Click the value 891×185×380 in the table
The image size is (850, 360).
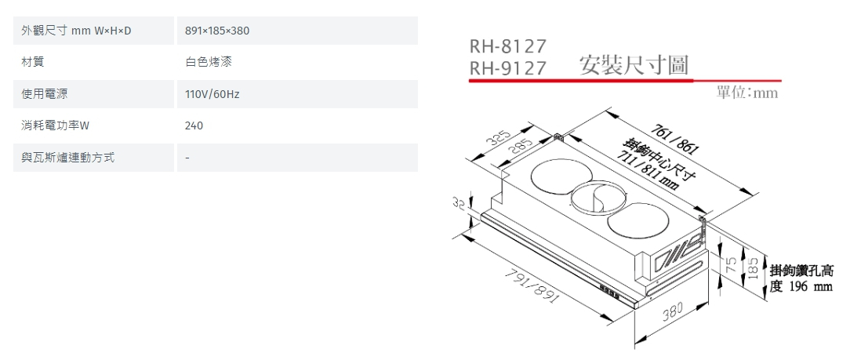click(217, 31)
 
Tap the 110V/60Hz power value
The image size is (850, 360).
click(212, 94)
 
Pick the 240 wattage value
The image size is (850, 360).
click(194, 125)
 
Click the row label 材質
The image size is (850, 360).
click(33, 62)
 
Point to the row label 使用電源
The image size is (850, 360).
click(45, 94)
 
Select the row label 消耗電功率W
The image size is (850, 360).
click(56, 125)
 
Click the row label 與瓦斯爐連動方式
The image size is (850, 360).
click(68, 158)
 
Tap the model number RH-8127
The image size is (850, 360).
click(507, 46)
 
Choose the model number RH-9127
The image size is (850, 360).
click(507, 69)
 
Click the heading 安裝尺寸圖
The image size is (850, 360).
click(634, 66)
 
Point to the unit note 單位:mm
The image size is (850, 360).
click(747, 93)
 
